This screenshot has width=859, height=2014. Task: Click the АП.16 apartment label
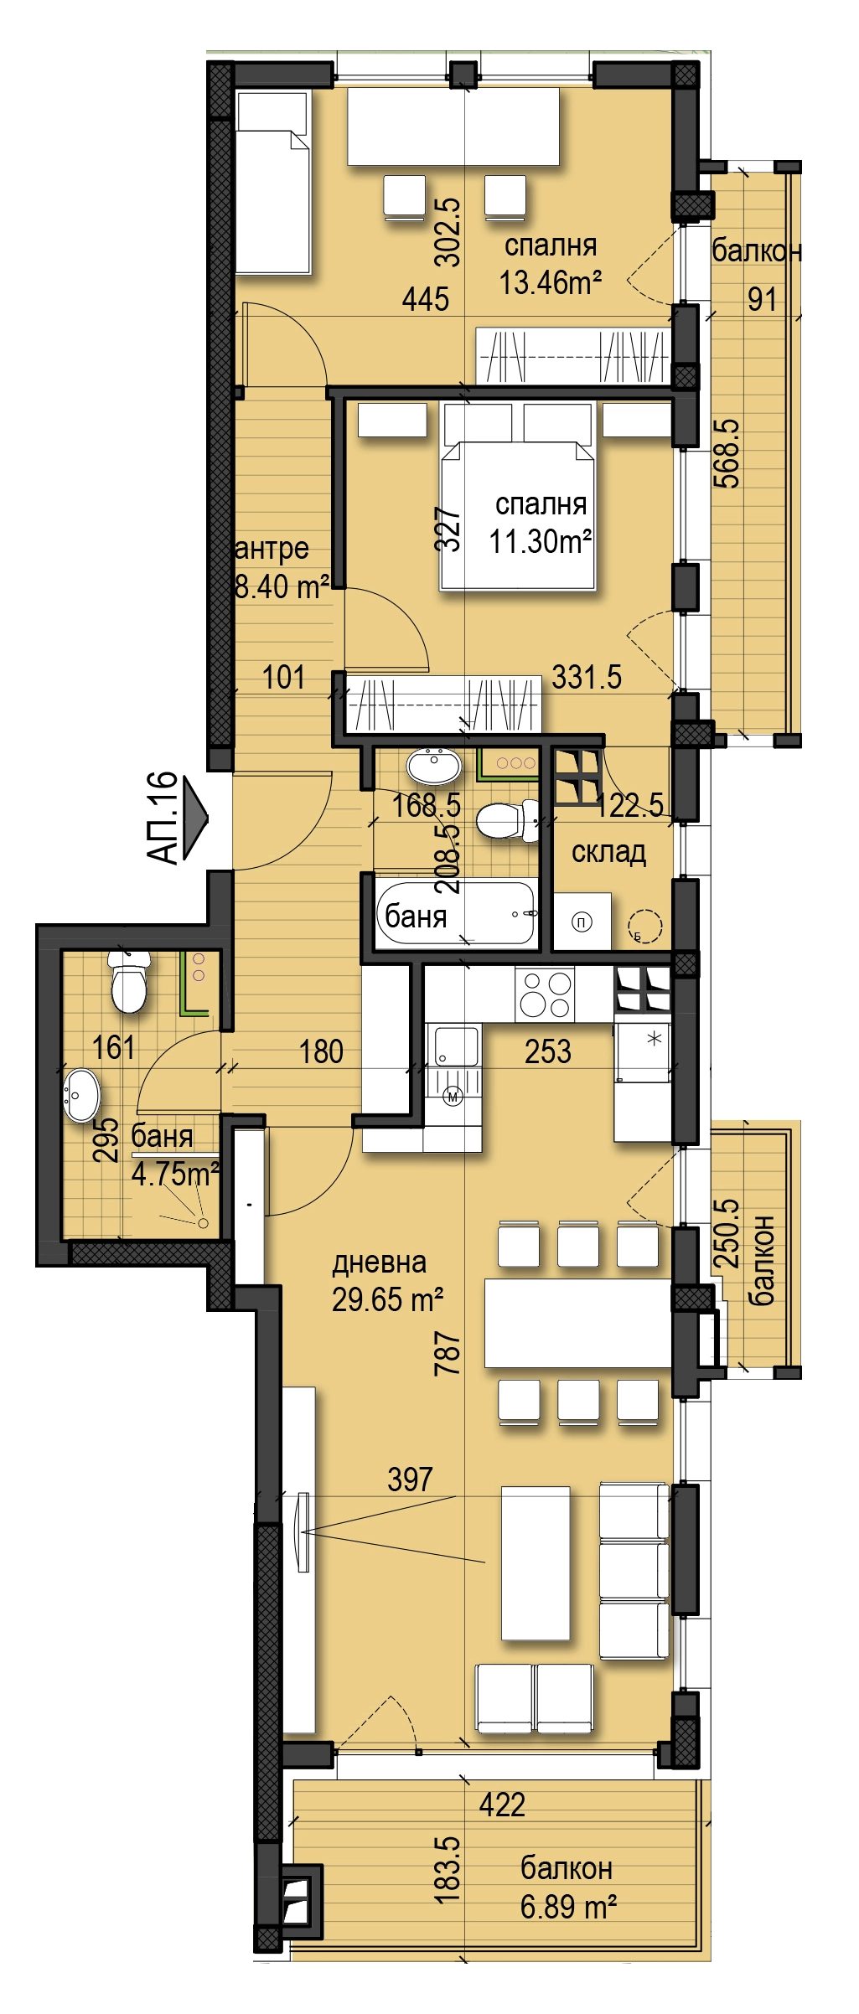pyautogui.click(x=163, y=818)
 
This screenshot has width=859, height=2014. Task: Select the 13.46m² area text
pyautogui.click(x=551, y=282)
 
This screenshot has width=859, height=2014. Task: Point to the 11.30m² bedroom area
pyautogui.click(x=541, y=541)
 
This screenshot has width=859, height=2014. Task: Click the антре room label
pyautogui.click(x=272, y=550)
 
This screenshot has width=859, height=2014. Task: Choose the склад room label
pyautogui.click(x=608, y=852)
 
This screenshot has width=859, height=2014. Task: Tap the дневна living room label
pyautogui.click(x=380, y=1263)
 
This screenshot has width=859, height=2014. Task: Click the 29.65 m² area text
pyautogui.click(x=388, y=1299)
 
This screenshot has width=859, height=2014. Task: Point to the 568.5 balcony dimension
pyautogui.click(x=727, y=453)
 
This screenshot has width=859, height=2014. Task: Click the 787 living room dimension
pyautogui.click(x=448, y=1353)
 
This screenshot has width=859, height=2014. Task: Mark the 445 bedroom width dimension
pyautogui.click(x=426, y=299)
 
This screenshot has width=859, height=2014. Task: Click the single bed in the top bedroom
pyautogui.click(x=272, y=183)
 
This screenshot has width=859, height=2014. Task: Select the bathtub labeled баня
pyautogui.click(x=455, y=912)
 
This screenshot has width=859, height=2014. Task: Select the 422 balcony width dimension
pyautogui.click(x=502, y=1805)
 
